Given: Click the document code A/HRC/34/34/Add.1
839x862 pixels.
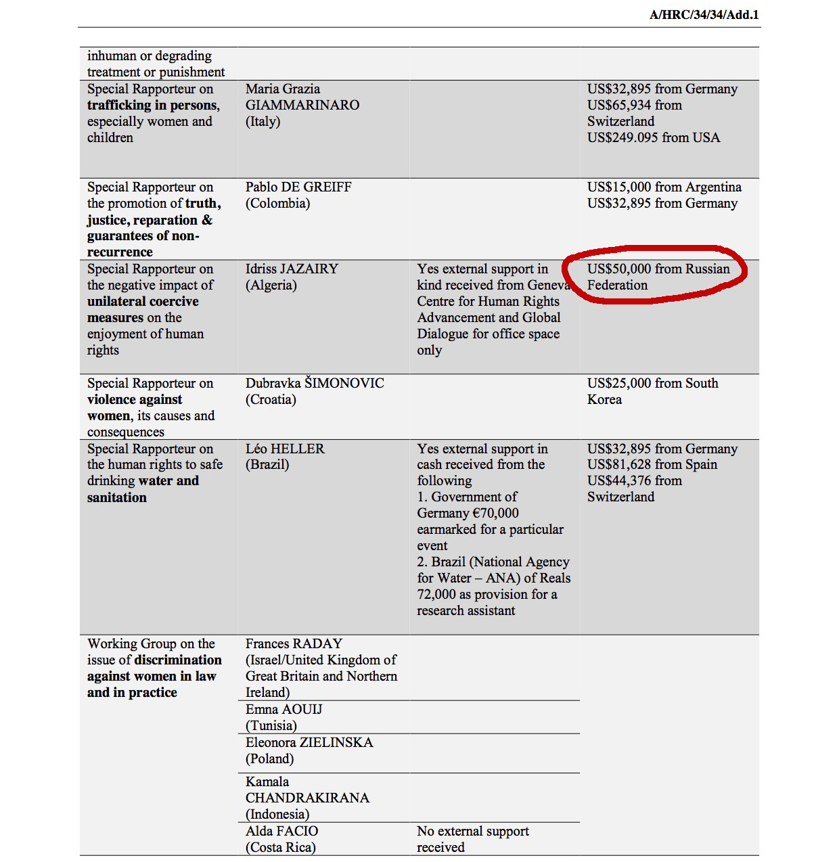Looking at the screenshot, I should coord(704,15).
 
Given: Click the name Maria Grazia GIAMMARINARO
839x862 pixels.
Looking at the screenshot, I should coord(302,97).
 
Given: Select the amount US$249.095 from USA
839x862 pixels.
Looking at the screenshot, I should coord(653,138).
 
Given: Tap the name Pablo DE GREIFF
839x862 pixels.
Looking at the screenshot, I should coord(298,187).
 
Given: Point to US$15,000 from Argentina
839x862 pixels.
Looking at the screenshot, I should coord(664,187).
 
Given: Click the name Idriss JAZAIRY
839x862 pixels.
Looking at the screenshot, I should coord(292,269).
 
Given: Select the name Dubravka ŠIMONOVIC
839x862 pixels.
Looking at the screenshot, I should coord(315,384).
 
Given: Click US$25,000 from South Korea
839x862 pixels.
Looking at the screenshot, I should coord(652,391).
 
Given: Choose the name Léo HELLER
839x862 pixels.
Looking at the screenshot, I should coord(285,449).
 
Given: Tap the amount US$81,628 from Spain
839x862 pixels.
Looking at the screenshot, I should coord(652,465).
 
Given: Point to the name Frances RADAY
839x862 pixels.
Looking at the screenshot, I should coord(294,644).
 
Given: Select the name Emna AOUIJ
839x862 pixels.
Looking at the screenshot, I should coord(284,710).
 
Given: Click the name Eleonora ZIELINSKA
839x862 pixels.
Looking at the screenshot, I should coord(309,743).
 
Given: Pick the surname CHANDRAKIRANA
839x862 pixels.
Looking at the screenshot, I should coord(307,798).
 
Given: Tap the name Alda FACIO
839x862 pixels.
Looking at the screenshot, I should coord(281,832).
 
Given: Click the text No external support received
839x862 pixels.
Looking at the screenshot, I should coord(472,839).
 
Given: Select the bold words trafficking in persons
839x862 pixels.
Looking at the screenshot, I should coord(153,106).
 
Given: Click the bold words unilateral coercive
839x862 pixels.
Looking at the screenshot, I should coord(143,302).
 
